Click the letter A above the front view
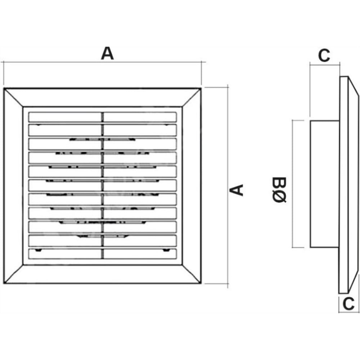pyautogui.click(x=107, y=54)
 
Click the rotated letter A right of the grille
pyautogui.click(x=236, y=190)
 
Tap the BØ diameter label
pyautogui.click(x=279, y=190)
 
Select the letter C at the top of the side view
pyautogui.click(x=324, y=55)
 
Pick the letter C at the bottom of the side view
pyautogui.click(x=348, y=303)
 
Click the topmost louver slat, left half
pyautogui.click(x=65, y=117)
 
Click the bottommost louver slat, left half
pyautogui.click(x=65, y=254)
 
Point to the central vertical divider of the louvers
pyautogui.click(x=102, y=185)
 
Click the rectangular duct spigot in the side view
pyautogui.click(x=325, y=184)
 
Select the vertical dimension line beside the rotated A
pyautogui.click(x=228, y=186)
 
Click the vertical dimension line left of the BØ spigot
pyautogui.click(x=292, y=184)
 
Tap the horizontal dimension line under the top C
pyautogui.click(x=325, y=65)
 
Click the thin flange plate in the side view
pyautogui.click(x=344, y=185)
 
